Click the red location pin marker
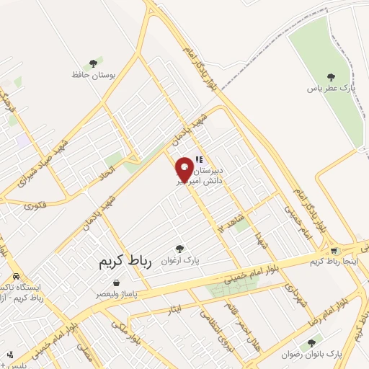(x=184, y=168)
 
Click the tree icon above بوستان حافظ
(x=93, y=64)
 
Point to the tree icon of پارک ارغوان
(x=180, y=248)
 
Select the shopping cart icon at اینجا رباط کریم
(x=334, y=251)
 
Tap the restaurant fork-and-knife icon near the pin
(x=200, y=159)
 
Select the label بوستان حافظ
(x=94, y=75)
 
